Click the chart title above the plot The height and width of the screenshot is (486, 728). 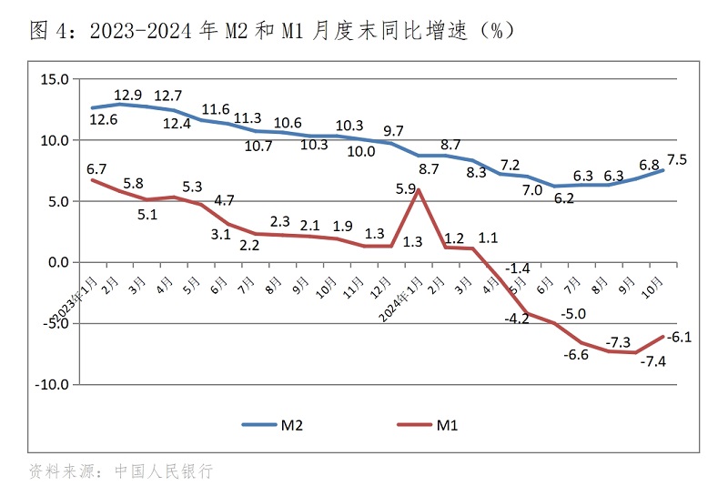273,31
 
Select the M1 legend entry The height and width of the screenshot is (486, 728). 427,424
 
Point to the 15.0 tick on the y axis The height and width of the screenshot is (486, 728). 54,79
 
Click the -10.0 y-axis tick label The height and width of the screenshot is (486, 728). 51,384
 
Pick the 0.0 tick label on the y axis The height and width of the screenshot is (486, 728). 56,262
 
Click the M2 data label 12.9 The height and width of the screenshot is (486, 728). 128,94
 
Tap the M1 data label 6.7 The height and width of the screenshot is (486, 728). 96,168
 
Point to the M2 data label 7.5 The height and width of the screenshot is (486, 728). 677,159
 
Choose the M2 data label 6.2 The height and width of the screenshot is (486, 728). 564,198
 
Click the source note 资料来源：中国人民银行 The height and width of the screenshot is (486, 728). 121,471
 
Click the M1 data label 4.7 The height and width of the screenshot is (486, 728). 225,199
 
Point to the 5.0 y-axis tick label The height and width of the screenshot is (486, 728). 56,201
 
